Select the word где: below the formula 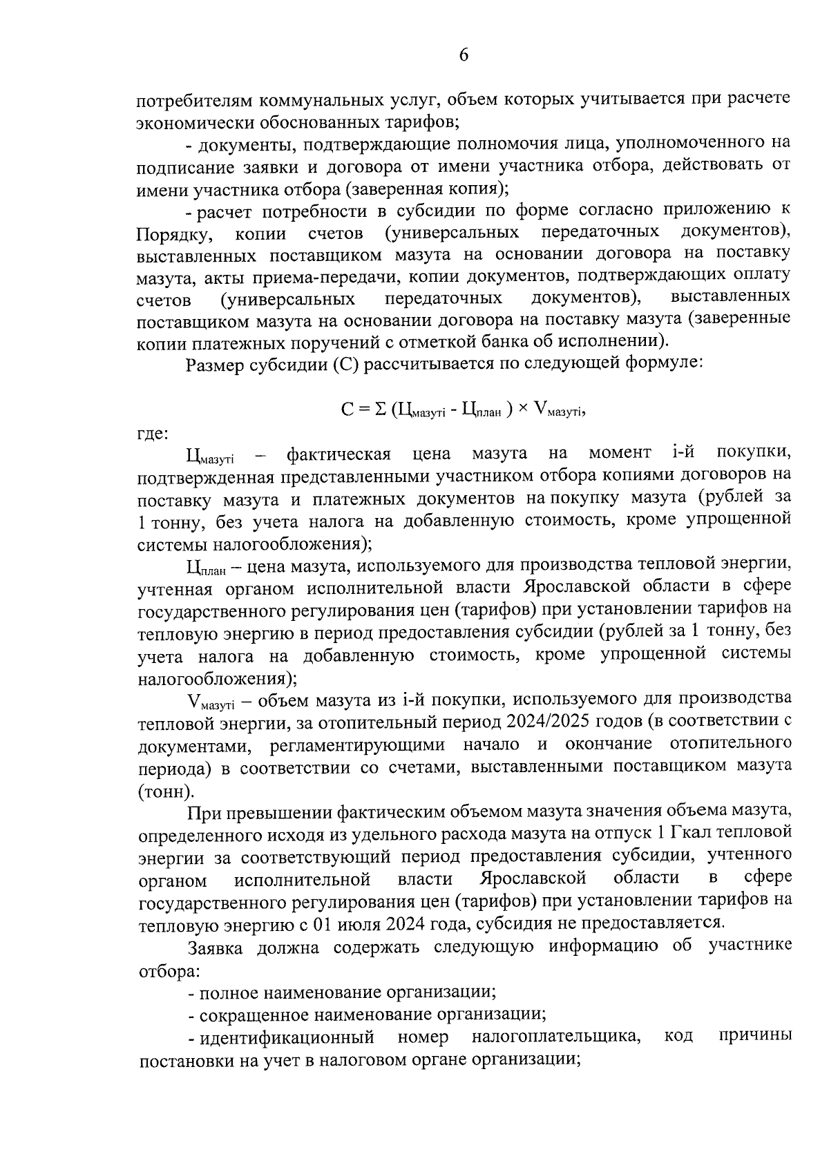(x=151, y=434)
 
